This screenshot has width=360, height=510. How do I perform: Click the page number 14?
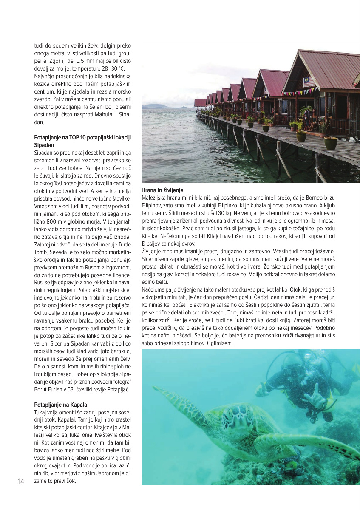pos(21,481)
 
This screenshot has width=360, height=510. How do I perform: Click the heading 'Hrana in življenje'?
pos(162,190)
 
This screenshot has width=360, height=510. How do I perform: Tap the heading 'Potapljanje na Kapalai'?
pos(62,404)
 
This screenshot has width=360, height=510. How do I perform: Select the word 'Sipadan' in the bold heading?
pos(44,145)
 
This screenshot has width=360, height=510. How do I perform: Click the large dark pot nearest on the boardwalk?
pos(331,143)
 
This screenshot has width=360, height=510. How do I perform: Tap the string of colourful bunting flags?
pos(300,91)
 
